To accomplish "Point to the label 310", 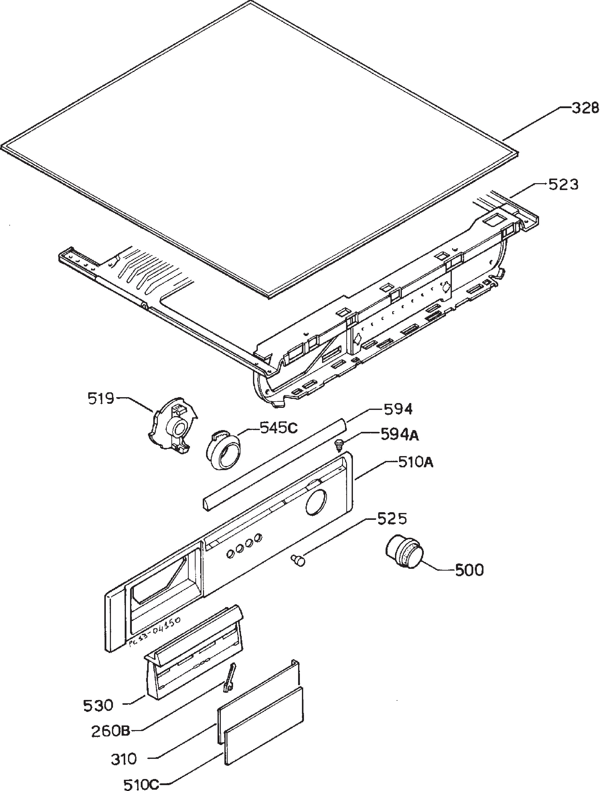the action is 124,759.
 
